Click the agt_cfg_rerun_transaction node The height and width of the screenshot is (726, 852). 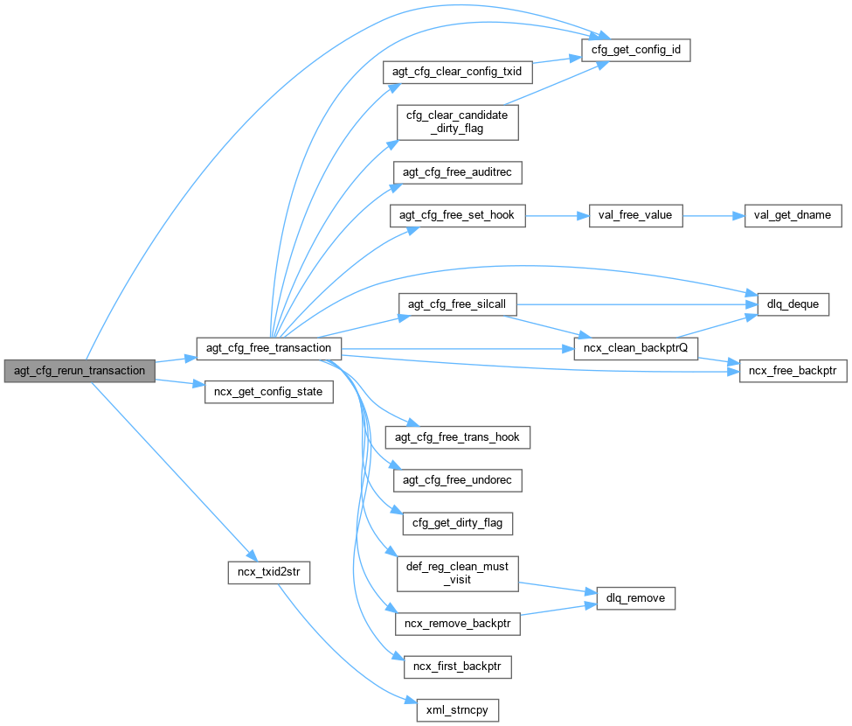[80, 370]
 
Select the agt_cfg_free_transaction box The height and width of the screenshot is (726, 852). [268, 347]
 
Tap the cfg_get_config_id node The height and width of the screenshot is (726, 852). [635, 51]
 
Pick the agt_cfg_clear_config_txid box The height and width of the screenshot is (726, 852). [458, 72]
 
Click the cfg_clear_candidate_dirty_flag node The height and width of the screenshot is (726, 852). [458, 122]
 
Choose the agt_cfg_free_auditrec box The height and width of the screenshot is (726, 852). [458, 172]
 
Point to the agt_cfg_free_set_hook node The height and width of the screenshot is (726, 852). [458, 216]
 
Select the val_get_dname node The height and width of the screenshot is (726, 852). [793, 214]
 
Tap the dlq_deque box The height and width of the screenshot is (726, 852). [786, 304]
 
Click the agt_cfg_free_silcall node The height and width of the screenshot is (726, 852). [458, 304]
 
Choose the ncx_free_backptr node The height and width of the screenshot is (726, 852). [793, 371]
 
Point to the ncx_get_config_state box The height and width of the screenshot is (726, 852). [268, 392]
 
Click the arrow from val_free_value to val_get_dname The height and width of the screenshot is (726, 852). [711, 214]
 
